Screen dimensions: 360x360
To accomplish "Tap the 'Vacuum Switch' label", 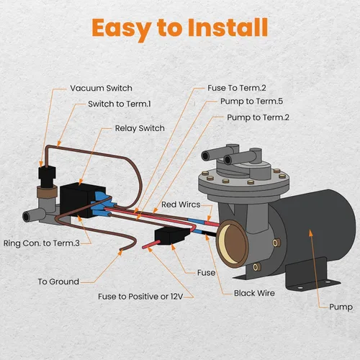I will coord(101,89).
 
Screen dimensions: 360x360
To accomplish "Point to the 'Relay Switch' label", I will coord(140,128).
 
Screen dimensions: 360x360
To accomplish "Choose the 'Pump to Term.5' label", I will coord(249,102).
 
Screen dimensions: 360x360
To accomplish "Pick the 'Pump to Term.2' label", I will coord(258,116).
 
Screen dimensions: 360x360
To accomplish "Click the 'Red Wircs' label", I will coord(181,204).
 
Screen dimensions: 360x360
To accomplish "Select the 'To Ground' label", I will coord(58,282).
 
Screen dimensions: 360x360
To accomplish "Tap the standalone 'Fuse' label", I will coord(206,273).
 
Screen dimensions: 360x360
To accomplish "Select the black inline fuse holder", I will coord(169,236).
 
